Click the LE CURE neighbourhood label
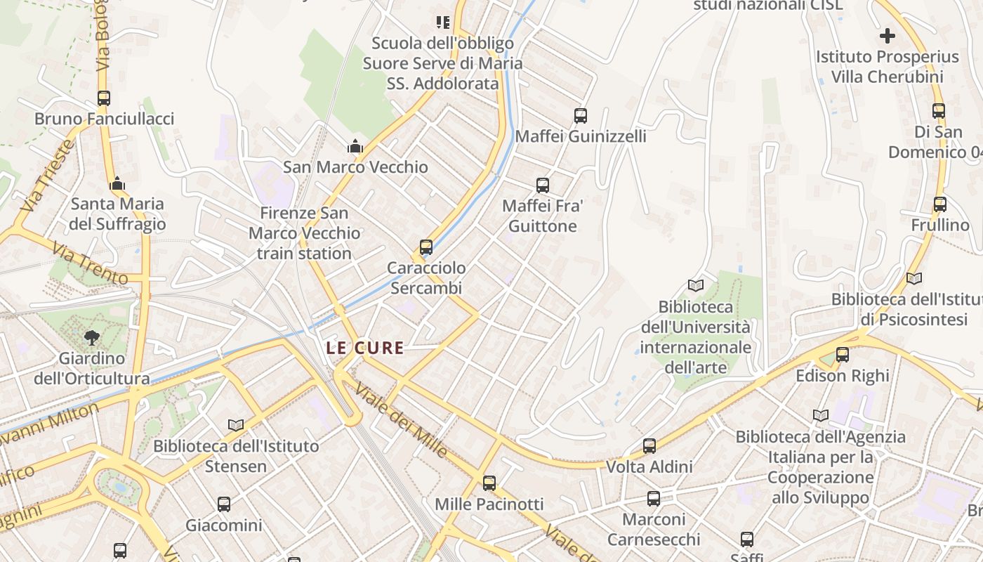[365, 348]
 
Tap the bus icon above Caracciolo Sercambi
[426, 247]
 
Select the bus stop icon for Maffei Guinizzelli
[581, 116]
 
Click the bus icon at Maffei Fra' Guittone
[543, 185]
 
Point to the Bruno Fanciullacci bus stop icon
[104, 98]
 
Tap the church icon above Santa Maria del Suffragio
[117, 184]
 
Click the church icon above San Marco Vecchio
[355, 147]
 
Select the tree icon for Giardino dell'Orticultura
[91, 338]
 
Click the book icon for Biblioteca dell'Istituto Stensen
[236, 425]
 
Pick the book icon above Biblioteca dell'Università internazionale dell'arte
[696, 286]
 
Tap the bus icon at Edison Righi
[843, 355]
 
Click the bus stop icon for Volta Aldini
[649, 446]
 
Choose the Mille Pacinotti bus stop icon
[489, 483]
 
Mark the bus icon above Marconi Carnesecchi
[654, 499]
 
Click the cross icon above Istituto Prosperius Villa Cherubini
[888, 36]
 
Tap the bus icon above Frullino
[940, 204]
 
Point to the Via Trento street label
[90, 263]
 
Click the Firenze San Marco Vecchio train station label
[305, 233]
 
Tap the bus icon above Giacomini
[224, 504]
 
